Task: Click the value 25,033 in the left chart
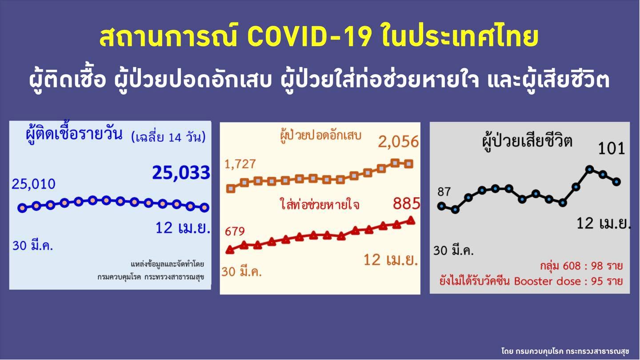tap(181, 172)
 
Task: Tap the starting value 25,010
tap(34, 183)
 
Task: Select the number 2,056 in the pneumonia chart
tap(398, 142)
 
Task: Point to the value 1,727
tap(240, 164)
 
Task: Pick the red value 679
tap(235, 232)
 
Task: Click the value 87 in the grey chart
tap(444, 192)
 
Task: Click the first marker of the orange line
tap(231, 189)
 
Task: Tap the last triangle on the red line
tap(411, 220)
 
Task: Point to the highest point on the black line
tap(590, 169)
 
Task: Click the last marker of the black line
tap(616, 181)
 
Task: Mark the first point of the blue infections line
tap(22, 208)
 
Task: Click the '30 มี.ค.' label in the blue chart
tap(32, 245)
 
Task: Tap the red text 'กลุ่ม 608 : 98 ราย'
tap(581, 266)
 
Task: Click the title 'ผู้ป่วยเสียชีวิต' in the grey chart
tap(527, 141)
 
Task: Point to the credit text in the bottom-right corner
tap(565, 351)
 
